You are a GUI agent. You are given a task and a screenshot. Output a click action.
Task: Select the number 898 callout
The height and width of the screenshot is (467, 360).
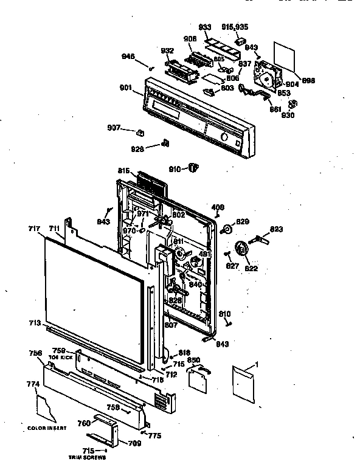pos(309,80)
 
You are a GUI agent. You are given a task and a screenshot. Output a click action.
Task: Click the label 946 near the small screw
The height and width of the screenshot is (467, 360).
pos(128,57)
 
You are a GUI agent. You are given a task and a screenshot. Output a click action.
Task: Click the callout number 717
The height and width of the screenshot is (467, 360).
pos(33,229)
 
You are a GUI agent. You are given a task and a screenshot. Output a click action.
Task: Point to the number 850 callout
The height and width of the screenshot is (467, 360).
pos(194,360)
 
